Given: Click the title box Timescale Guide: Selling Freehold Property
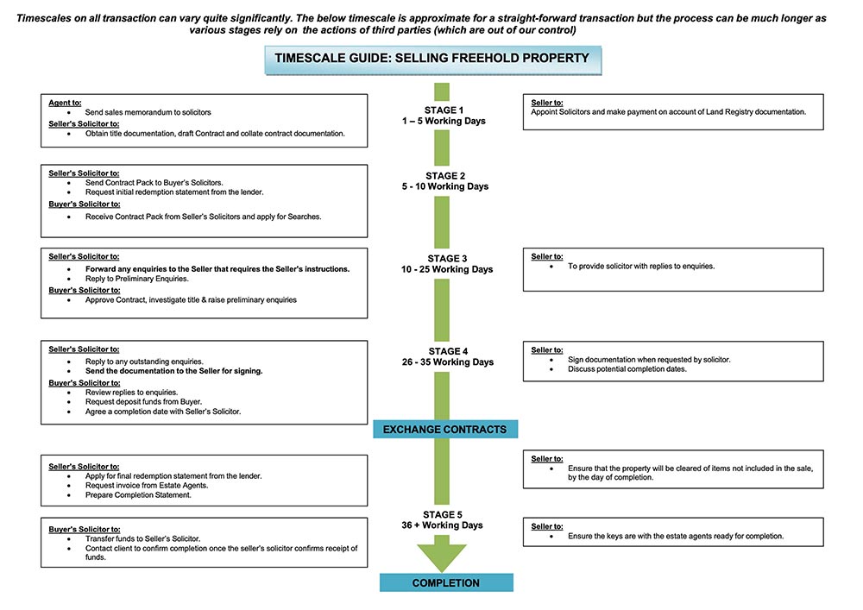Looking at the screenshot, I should pyautogui.click(x=431, y=59).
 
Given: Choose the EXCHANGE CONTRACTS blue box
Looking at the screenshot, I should pyautogui.click(x=445, y=429).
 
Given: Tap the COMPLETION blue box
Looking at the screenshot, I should pyautogui.click(x=445, y=583).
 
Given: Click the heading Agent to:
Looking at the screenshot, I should pyautogui.click(x=66, y=103).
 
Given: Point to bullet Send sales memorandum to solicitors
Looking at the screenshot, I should pyautogui.click(x=148, y=113).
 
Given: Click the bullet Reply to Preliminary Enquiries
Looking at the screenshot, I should pyautogui.click(x=136, y=280).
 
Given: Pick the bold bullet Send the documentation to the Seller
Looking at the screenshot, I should pyautogui.click(x=173, y=371).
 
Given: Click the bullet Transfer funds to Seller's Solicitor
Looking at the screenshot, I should pyautogui.click(x=142, y=538).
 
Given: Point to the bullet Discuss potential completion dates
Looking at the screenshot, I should pyautogui.click(x=627, y=369).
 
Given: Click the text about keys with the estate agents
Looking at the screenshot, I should pyautogui.click(x=675, y=536).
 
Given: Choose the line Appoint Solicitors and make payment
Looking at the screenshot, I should pyautogui.click(x=669, y=112).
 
